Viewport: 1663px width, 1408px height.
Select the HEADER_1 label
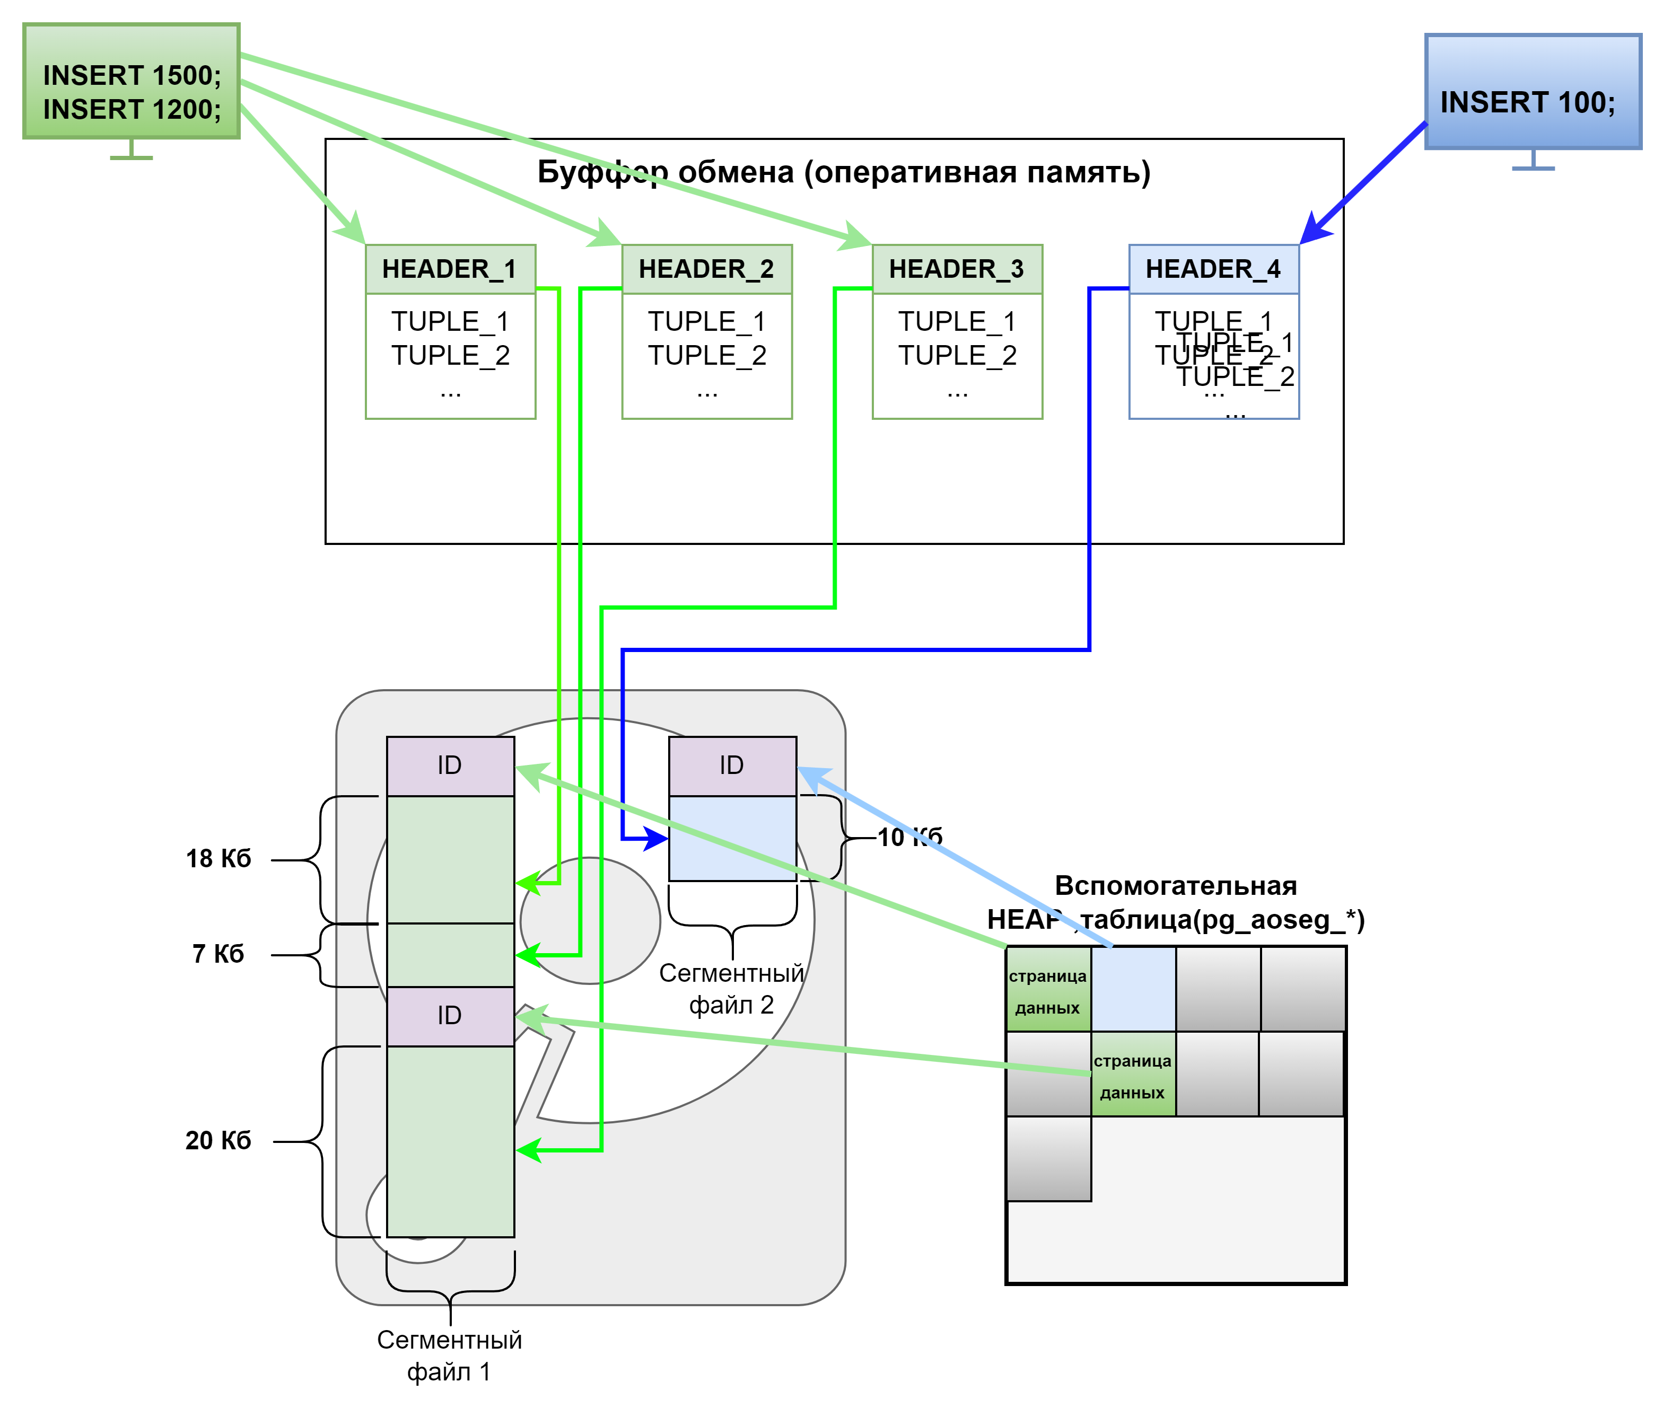(450, 269)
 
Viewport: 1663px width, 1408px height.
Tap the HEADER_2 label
(706, 269)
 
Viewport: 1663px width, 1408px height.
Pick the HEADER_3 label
(957, 269)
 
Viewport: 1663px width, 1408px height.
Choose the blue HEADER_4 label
(1213, 269)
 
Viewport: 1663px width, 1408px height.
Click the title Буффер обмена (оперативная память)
(843, 172)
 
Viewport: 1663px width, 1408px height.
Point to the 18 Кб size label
(218, 858)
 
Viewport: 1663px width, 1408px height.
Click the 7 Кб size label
(218, 953)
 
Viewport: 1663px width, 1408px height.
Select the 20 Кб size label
(218, 1140)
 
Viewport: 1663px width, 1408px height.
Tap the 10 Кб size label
(910, 837)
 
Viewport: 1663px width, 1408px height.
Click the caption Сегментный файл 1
(450, 1356)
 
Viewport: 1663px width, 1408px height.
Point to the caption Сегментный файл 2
(731, 988)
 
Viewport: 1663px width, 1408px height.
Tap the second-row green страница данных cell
(1132, 1075)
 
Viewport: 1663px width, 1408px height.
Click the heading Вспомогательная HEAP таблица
(1175, 902)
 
